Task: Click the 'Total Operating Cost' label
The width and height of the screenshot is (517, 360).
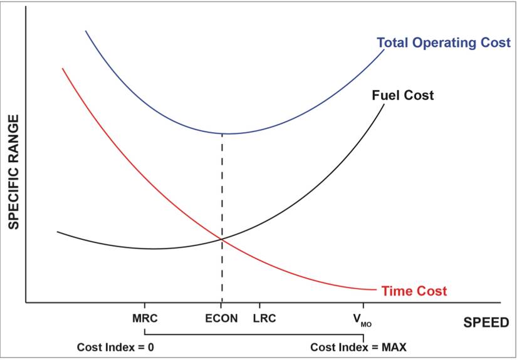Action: (443, 43)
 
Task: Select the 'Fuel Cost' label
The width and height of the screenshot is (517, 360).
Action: (402, 96)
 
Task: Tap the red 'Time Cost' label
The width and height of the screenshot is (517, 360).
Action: (414, 291)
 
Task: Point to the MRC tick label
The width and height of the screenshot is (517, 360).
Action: (145, 318)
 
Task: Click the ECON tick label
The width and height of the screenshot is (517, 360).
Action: (222, 318)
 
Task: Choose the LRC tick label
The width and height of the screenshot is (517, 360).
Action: (264, 318)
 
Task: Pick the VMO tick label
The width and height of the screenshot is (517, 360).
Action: (362, 319)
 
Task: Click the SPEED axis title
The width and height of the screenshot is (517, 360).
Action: (486, 322)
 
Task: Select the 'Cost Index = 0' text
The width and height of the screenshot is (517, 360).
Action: (115, 347)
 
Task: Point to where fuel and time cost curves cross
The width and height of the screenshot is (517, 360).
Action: (222, 239)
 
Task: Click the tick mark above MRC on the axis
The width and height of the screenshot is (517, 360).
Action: (145, 307)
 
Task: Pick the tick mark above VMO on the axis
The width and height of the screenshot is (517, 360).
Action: (362, 307)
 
